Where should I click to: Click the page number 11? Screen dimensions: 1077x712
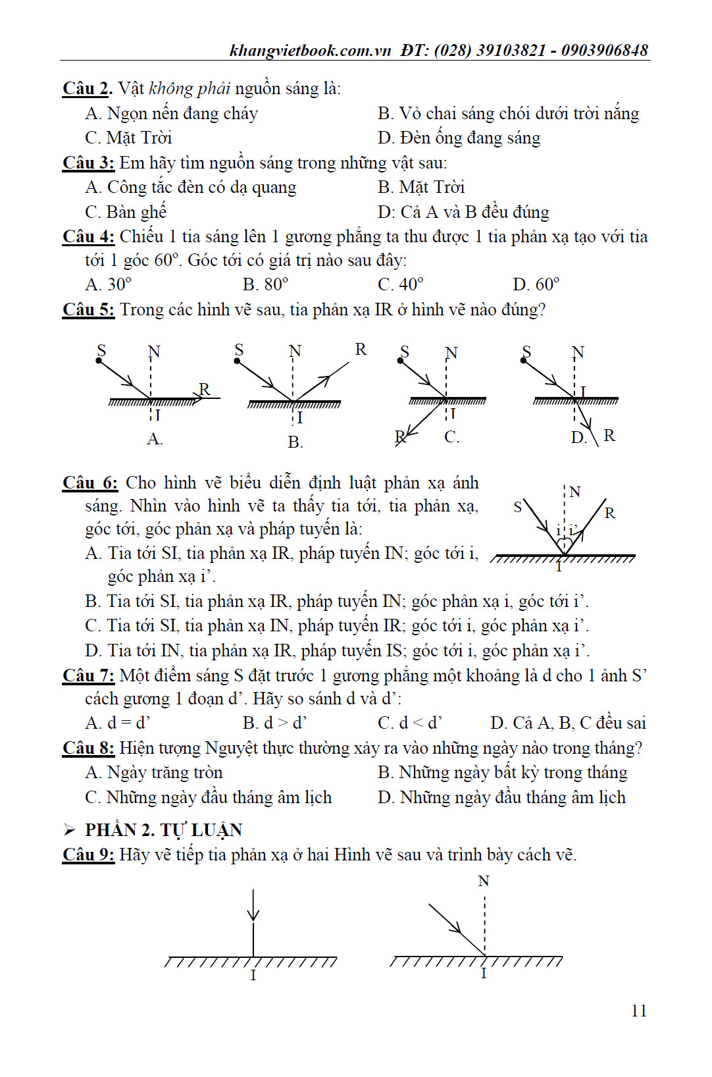[638, 1011]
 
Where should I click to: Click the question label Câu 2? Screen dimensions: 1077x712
[87, 89]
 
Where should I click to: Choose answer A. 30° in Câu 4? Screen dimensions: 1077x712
[109, 284]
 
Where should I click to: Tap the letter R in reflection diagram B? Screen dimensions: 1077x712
[361, 349]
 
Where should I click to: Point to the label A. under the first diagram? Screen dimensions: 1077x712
[155, 439]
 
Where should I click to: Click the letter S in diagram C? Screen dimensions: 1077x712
[405, 352]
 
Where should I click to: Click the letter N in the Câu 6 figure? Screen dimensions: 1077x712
[574, 492]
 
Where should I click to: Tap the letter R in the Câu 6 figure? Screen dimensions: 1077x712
[609, 513]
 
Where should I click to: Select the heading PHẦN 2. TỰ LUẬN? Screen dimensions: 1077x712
[163, 829]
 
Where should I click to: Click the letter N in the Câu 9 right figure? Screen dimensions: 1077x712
[484, 881]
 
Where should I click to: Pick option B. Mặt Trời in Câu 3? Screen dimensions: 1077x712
[421, 188]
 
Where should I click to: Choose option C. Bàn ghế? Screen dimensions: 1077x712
[126, 212]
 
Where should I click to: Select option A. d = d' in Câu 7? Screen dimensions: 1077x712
[118, 723]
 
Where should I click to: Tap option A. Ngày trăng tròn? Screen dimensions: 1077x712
[154, 772]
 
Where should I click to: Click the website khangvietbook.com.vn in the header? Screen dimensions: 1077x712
[310, 50]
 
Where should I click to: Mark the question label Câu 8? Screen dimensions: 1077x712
[88, 749]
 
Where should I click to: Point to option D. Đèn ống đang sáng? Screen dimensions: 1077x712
[459, 138]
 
